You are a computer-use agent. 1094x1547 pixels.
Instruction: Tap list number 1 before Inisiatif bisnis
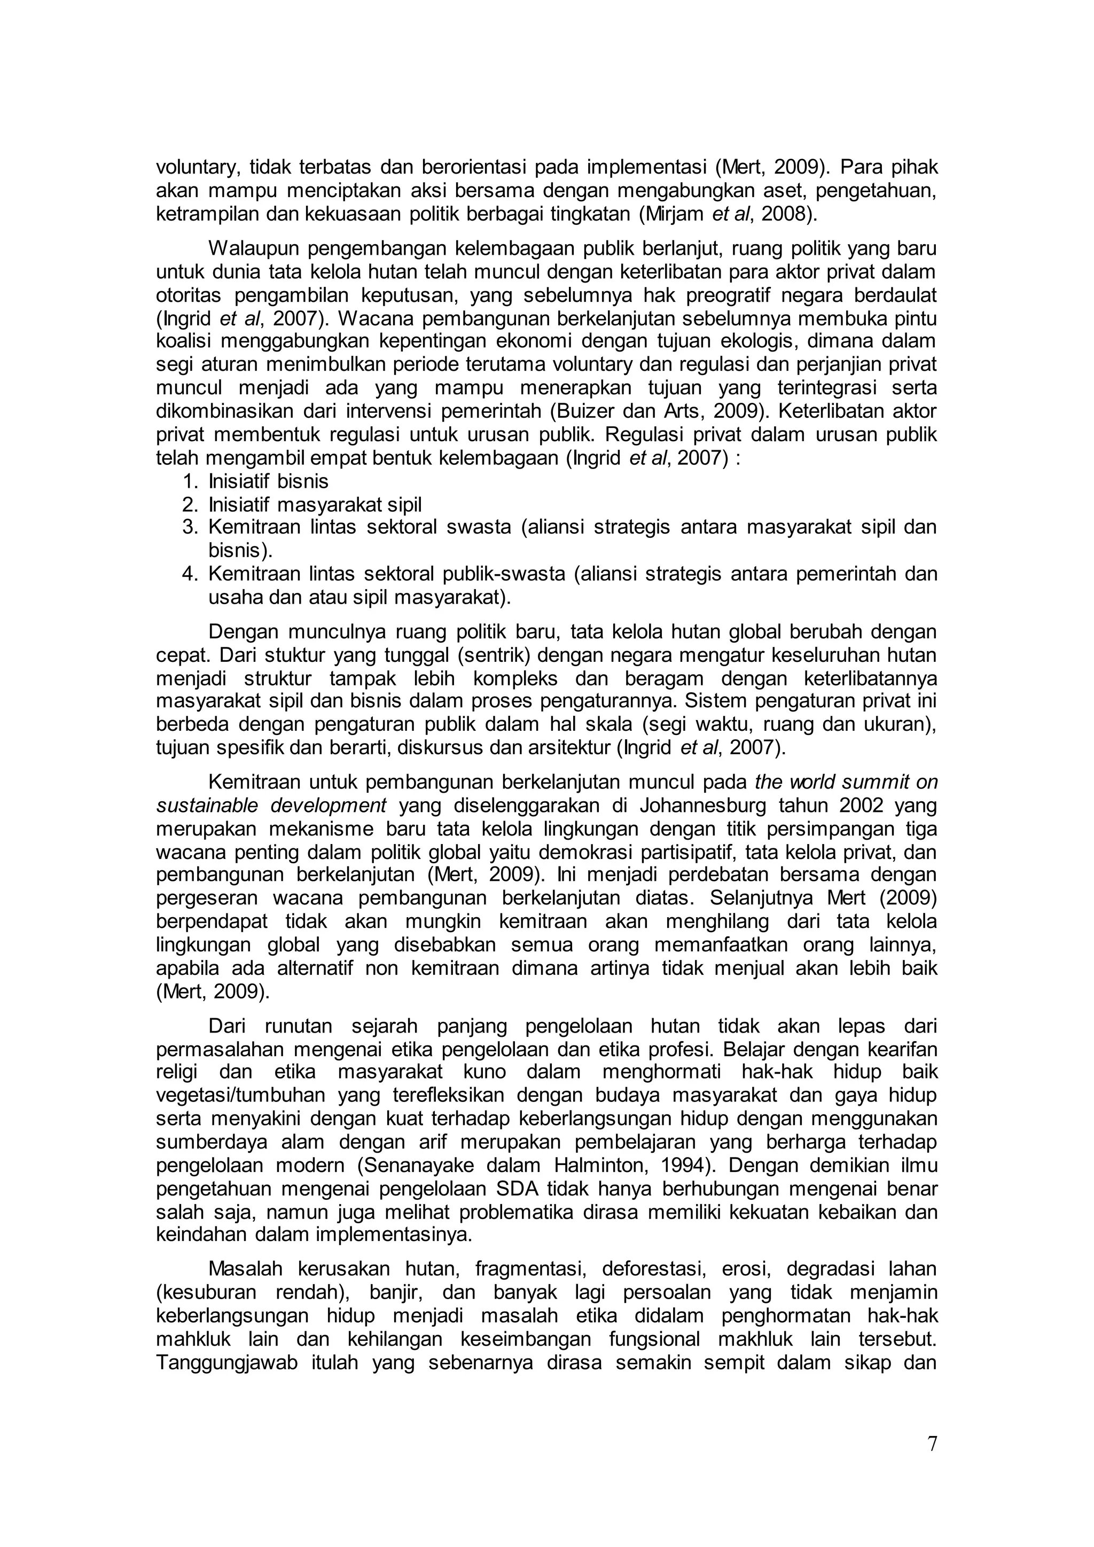click(x=189, y=481)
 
